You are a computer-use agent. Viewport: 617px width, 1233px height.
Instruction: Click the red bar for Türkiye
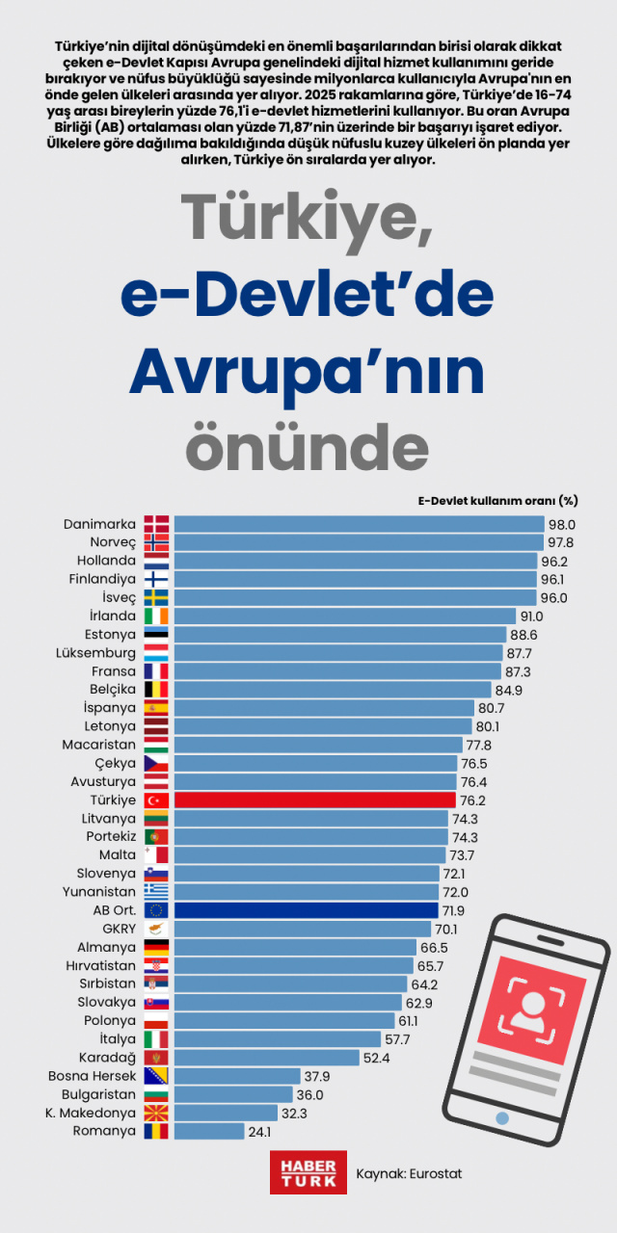[314, 800]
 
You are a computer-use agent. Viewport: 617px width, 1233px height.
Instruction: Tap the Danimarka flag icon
[156, 524]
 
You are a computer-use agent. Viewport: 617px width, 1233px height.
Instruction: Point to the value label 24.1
[260, 1132]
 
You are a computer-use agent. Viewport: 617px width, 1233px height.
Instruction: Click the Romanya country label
[104, 1131]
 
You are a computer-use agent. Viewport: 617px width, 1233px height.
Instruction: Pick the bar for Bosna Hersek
[239, 1076]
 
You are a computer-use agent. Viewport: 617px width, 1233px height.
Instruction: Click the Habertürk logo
[308, 1172]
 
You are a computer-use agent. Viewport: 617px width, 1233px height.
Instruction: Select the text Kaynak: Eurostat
[409, 1173]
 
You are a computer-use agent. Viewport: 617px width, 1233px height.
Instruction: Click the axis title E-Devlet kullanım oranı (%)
[497, 500]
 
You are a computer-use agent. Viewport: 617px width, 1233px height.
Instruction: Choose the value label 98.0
[561, 524]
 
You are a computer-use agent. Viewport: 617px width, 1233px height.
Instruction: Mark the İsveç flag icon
[156, 597]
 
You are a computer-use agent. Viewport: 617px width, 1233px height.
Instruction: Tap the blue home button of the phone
[501, 1117]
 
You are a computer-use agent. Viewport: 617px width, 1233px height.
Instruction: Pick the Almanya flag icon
[156, 947]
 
